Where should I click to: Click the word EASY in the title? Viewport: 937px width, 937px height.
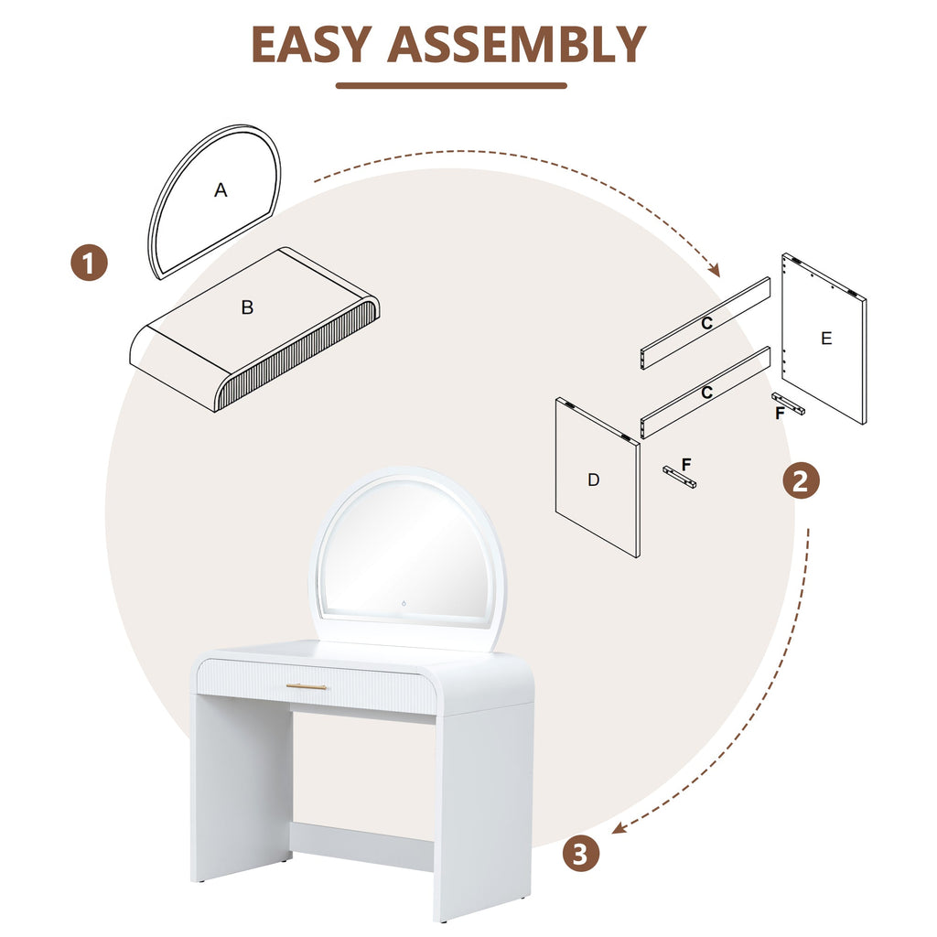[x=312, y=44]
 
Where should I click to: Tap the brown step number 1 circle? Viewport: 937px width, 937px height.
[x=90, y=264]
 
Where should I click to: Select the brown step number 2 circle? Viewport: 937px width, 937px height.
[x=801, y=480]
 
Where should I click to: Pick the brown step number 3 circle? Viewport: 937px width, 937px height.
[x=580, y=855]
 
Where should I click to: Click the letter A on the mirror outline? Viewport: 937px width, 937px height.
[x=221, y=190]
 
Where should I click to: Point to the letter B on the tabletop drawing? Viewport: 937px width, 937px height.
[x=247, y=307]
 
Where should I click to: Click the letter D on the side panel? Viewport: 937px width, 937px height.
[x=594, y=479]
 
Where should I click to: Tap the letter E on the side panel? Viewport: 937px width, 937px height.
[x=826, y=339]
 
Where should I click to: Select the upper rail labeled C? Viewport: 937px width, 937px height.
[x=705, y=323]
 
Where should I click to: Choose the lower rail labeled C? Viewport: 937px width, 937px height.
[x=705, y=393]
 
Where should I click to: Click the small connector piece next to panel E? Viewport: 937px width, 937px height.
[x=789, y=404]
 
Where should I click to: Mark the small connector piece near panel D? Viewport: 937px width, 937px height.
[x=679, y=477]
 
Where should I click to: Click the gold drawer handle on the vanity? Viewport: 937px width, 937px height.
[x=307, y=686]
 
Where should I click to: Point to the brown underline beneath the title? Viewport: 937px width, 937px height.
[x=451, y=86]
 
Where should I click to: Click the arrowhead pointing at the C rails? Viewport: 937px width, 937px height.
[x=715, y=271]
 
